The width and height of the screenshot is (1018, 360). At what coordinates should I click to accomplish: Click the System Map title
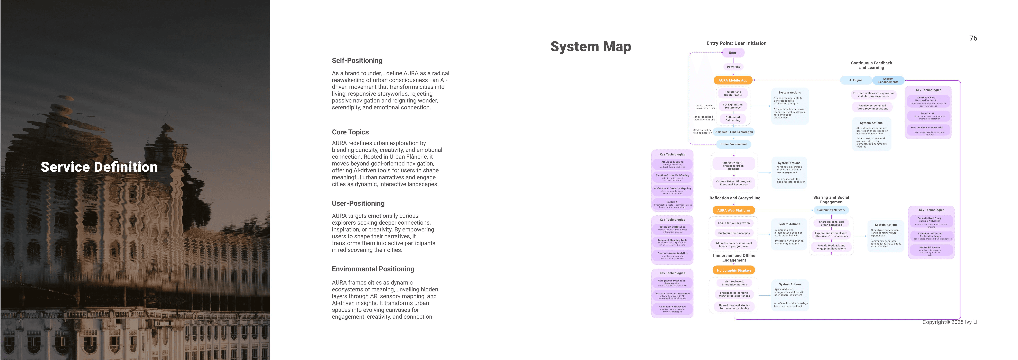tap(590, 47)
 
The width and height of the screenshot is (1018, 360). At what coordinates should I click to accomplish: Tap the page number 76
tap(973, 38)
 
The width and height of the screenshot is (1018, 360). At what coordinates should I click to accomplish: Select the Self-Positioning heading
tap(357, 61)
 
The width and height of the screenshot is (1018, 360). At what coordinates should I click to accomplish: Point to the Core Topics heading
tap(350, 132)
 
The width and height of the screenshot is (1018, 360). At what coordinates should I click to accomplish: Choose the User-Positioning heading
tap(358, 203)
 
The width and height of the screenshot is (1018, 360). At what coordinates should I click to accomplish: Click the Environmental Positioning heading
tap(373, 269)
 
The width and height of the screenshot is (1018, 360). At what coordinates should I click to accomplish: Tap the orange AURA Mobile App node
tap(733, 80)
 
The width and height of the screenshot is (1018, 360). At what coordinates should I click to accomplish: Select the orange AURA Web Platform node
tap(733, 210)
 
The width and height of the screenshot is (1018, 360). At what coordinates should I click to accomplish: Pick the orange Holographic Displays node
tap(734, 270)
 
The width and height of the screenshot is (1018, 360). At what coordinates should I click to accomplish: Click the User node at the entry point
tap(733, 53)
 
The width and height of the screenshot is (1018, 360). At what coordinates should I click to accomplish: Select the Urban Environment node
tap(733, 144)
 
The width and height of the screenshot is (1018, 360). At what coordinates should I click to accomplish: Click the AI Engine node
tap(856, 80)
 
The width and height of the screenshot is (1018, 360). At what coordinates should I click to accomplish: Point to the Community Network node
tap(831, 210)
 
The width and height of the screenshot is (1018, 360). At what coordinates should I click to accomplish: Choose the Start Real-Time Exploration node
tap(733, 132)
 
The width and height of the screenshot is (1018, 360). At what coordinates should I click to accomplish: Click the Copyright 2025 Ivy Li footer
tap(949, 322)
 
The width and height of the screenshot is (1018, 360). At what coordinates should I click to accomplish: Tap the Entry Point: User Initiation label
tap(736, 43)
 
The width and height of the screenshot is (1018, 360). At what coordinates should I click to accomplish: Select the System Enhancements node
tap(888, 80)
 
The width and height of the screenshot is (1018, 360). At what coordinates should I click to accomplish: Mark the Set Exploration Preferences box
tap(733, 106)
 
